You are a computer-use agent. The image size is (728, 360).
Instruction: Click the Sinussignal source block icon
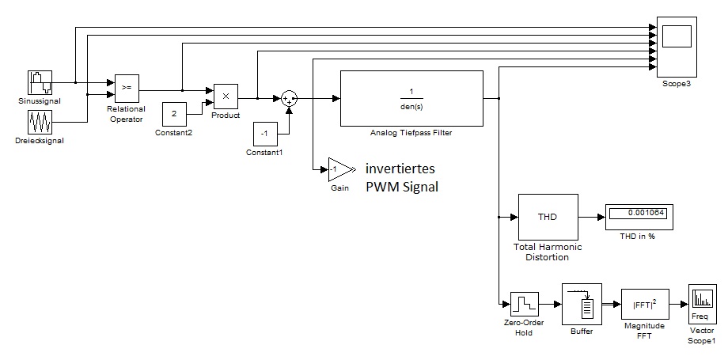40,82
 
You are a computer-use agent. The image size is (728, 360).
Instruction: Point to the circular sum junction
289,98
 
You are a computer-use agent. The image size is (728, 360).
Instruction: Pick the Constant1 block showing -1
265,134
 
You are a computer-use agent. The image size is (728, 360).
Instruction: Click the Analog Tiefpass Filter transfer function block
411,98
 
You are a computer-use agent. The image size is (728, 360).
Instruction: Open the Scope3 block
677,47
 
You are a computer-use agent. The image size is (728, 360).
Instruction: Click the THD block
548,216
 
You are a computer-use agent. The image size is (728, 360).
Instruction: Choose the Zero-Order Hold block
523,304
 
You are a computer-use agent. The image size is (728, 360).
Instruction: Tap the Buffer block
582,304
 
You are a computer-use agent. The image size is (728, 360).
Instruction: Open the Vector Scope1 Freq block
702,301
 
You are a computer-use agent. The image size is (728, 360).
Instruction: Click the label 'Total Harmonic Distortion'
548,252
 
